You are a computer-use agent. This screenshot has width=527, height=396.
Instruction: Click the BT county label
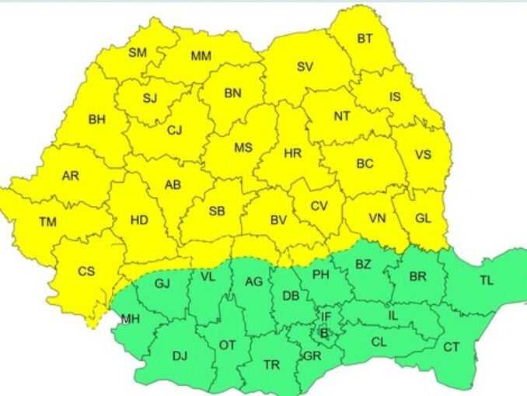(x=365, y=38)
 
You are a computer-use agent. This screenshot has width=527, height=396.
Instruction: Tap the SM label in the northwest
(x=138, y=53)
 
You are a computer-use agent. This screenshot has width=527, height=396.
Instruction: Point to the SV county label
(x=305, y=67)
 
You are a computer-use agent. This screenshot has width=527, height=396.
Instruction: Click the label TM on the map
(x=47, y=223)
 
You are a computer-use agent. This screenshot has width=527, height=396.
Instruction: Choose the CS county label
(x=86, y=271)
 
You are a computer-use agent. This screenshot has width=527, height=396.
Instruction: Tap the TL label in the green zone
(x=487, y=281)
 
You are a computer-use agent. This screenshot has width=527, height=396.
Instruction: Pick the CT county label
(x=451, y=347)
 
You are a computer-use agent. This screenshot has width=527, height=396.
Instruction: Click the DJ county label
(x=180, y=356)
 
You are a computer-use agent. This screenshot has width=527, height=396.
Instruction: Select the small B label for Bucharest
(x=324, y=333)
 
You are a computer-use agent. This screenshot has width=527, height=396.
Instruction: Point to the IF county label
(x=326, y=317)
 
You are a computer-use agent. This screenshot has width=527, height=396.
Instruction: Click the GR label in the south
(x=312, y=356)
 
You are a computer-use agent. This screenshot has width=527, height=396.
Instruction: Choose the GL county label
(x=423, y=219)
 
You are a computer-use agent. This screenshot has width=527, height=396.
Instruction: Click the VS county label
(x=422, y=154)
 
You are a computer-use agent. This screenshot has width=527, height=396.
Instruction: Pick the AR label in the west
(x=70, y=176)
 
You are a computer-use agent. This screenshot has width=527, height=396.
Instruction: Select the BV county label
(x=278, y=220)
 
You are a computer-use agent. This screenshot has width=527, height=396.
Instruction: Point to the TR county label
(x=271, y=364)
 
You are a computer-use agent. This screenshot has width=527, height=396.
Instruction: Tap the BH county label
(x=96, y=120)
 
